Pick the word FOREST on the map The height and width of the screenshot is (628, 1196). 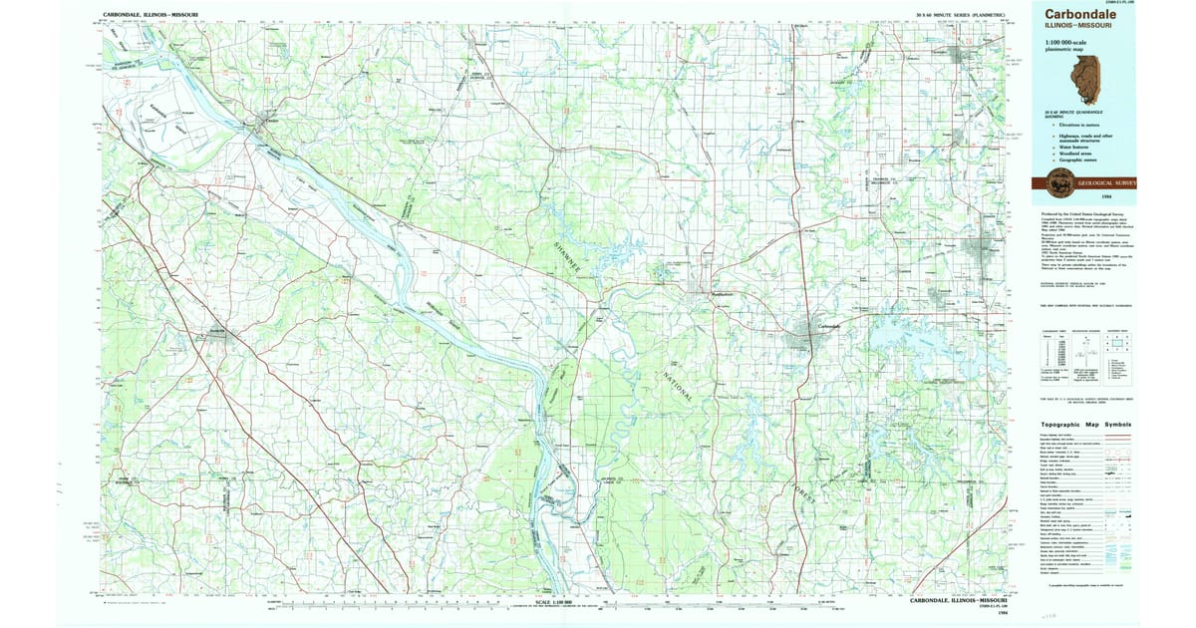coord(802,497)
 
